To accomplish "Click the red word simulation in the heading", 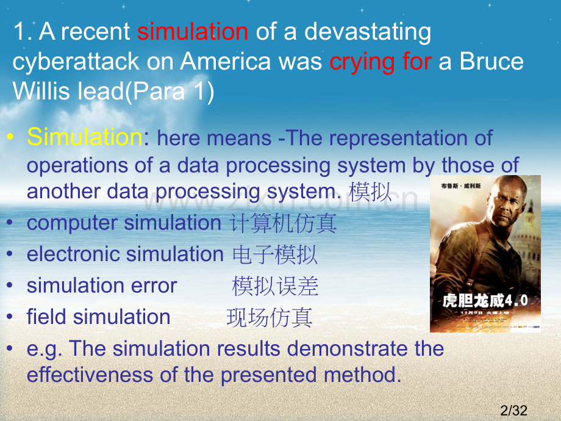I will (193, 32).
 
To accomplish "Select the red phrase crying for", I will (381, 62).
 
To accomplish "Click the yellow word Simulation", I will (84, 137).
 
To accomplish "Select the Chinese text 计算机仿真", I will (283, 223).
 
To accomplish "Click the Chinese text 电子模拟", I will (275, 254).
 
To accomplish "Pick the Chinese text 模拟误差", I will (275, 286).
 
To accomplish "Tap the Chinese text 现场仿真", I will (270, 317).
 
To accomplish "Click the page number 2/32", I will (513, 411).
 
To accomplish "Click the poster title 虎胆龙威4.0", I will (484, 301).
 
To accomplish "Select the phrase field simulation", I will (99, 317).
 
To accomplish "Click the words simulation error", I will (102, 286).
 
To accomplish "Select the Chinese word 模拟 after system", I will (370, 192).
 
